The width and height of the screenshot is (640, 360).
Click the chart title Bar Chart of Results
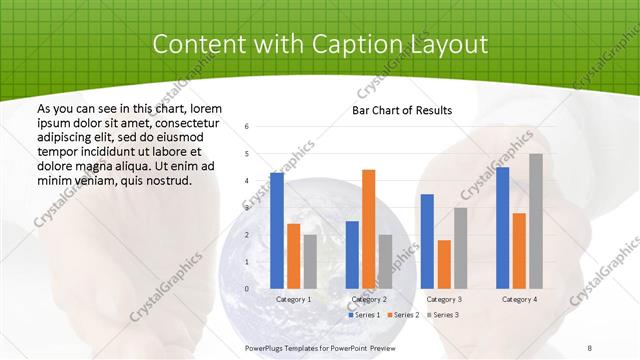pyautogui.click(x=402, y=110)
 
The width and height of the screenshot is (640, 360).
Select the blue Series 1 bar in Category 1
pyautogui.click(x=277, y=230)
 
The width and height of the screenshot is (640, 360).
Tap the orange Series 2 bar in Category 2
pyautogui.click(x=368, y=229)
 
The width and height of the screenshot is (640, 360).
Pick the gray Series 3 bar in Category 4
pyautogui.click(x=536, y=221)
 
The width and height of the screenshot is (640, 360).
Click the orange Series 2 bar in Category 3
pyautogui.click(x=444, y=264)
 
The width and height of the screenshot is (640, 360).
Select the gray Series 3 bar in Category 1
pyautogui.click(x=310, y=261)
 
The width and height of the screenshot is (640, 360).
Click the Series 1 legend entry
pyautogui.click(x=364, y=315)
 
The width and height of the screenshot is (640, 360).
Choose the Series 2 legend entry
pyautogui.click(x=402, y=315)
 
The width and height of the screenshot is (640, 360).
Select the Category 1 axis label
pyautogui.click(x=293, y=299)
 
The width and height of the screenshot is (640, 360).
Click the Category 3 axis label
pyautogui.click(x=444, y=299)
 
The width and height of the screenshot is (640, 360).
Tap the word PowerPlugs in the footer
pyautogui.click(x=267, y=347)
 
